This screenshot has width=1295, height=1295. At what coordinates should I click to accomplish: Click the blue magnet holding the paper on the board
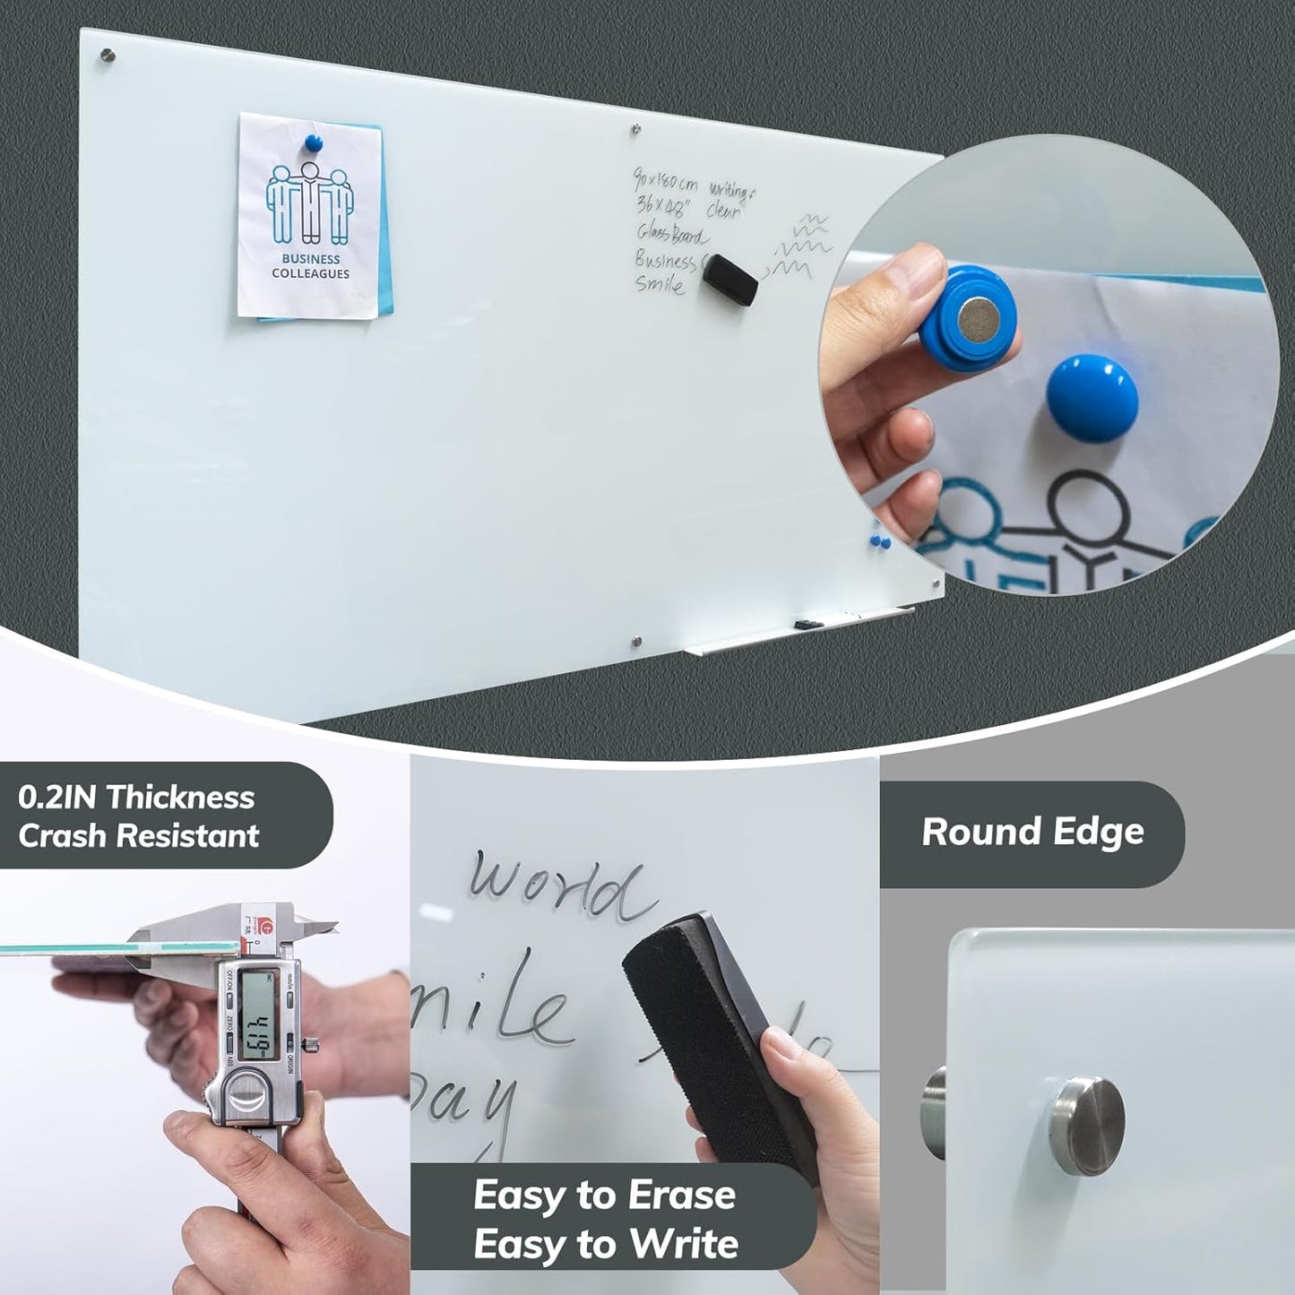click(x=313, y=142)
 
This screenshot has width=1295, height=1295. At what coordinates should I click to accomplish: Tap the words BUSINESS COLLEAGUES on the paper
click(x=310, y=266)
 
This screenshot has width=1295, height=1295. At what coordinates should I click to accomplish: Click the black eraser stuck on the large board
click(x=730, y=278)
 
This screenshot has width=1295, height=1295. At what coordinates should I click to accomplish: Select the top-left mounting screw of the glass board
click(x=108, y=56)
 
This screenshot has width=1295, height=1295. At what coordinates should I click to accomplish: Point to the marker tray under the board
click(x=798, y=629)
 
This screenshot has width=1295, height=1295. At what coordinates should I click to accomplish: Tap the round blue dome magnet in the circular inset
click(x=1092, y=398)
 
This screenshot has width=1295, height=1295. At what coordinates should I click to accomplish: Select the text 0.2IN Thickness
click(x=136, y=797)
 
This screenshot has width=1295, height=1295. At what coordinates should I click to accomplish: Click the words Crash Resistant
click(x=138, y=836)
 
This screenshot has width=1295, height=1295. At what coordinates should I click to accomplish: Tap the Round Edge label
click(x=1032, y=833)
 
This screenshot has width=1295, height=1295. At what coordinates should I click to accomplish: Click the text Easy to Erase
click(x=604, y=1196)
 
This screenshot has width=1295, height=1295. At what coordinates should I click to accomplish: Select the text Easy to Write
click(x=606, y=1244)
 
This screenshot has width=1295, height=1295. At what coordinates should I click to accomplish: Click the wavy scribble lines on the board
click(x=799, y=246)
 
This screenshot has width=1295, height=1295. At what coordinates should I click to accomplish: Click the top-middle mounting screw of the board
click(x=635, y=129)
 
